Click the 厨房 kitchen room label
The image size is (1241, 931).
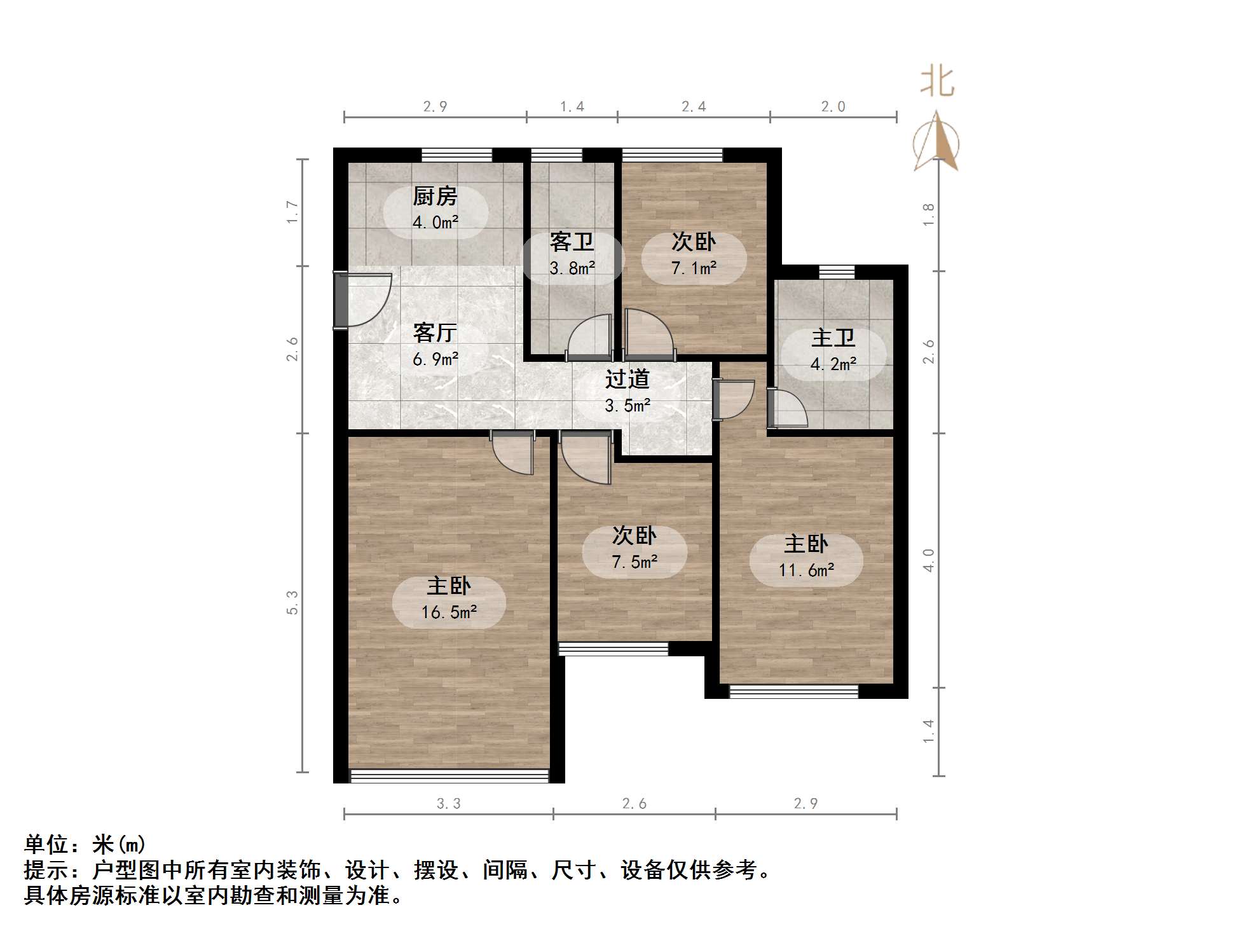tap(435, 197)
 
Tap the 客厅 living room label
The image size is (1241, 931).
tap(435, 333)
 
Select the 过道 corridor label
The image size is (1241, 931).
tap(627, 379)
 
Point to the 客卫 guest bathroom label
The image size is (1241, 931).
tap(572, 242)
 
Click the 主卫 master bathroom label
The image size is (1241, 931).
tap(833, 338)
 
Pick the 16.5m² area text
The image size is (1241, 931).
tap(449, 612)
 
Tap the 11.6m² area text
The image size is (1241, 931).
tap(806, 570)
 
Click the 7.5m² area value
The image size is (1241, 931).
tap(634, 562)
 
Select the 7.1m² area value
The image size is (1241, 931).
tap(694, 268)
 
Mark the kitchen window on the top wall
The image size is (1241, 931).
tap(456, 155)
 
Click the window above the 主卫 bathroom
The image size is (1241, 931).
tap(837, 272)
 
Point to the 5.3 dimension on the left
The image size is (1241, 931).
tap(292, 602)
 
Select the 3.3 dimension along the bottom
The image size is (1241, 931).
tap(448, 804)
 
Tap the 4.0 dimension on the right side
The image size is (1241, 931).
tap(929, 560)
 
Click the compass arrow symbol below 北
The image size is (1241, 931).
tap(936, 142)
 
